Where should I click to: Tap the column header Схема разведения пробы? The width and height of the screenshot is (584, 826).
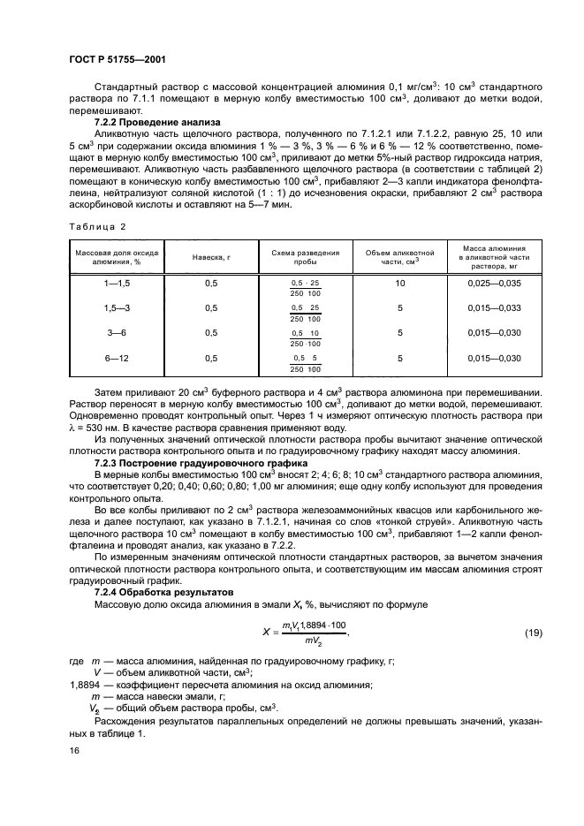click(306, 257)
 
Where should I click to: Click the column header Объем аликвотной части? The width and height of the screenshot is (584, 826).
click(400, 257)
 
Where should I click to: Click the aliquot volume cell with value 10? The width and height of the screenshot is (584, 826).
click(400, 284)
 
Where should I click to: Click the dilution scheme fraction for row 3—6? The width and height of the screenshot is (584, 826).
click(306, 337)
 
